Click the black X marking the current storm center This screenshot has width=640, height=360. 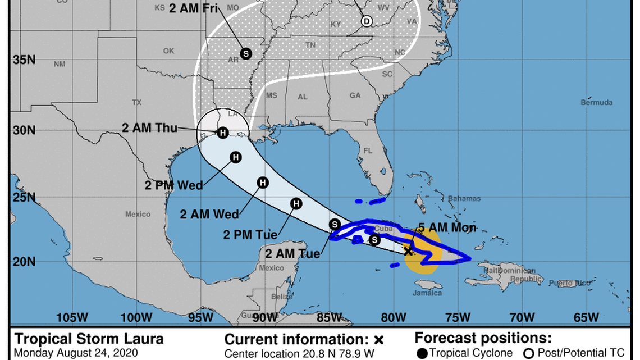point(409,251)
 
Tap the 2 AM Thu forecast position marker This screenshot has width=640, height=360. point(223,133)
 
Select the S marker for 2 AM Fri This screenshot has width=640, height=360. point(245,53)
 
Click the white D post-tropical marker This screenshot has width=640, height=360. point(366,21)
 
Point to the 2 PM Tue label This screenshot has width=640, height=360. point(250,235)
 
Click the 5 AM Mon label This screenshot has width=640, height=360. point(447,227)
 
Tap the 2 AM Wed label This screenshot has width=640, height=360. point(209,214)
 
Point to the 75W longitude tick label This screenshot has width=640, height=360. point(458,317)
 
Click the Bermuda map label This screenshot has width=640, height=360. point(596,103)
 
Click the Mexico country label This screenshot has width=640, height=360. point(138,214)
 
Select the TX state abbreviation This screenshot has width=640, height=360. point(136,103)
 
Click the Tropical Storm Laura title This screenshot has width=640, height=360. point(89,339)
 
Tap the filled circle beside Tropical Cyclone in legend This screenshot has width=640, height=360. point(422,353)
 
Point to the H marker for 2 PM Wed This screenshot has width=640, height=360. point(236,157)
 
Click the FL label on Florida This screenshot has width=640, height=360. point(368,151)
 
